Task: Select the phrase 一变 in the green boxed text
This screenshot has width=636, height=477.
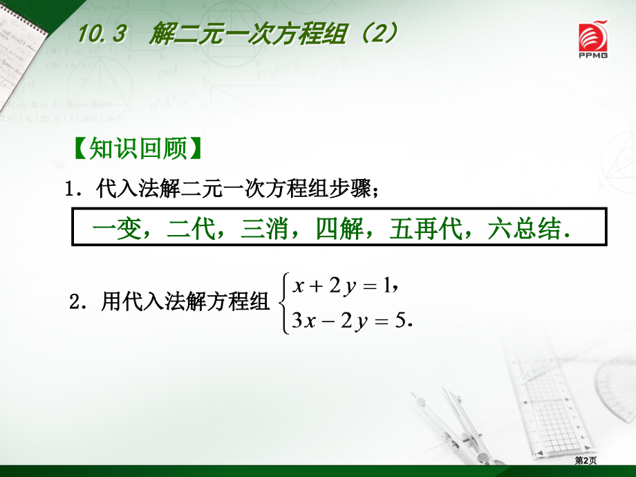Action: tap(109, 229)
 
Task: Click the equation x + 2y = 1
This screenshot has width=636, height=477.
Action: tap(341, 285)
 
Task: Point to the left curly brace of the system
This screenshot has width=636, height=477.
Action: tap(283, 303)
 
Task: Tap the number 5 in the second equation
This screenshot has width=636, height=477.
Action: tap(399, 322)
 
